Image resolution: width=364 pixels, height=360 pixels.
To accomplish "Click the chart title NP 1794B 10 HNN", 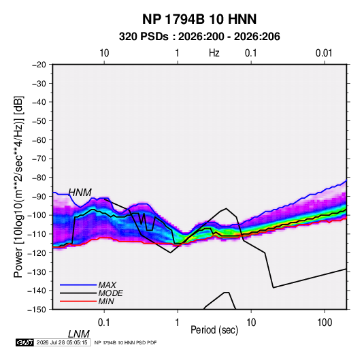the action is [x=199, y=19].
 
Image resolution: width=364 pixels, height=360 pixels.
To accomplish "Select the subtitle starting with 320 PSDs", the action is [x=199, y=37].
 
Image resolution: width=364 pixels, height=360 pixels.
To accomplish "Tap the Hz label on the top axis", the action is [x=214, y=53].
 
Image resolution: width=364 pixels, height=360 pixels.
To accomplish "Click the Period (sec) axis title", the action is [x=214, y=330].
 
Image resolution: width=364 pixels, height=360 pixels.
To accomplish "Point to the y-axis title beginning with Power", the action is [x=18, y=186].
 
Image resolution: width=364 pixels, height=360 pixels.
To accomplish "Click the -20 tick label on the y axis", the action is [x=39, y=65].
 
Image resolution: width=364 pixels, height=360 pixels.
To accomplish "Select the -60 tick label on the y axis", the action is [x=39, y=140].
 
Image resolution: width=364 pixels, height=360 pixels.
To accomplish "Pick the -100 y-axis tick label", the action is [x=37, y=215].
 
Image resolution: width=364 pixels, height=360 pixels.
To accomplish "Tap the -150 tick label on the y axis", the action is [x=37, y=310].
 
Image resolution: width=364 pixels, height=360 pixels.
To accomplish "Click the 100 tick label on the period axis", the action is [x=325, y=323].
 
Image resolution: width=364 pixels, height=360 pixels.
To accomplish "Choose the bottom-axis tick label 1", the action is [x=178, y=323].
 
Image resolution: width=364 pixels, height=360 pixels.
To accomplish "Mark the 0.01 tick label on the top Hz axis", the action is [x=324, y=53].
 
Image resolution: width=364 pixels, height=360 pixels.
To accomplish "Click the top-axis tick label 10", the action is [x=104, y=53].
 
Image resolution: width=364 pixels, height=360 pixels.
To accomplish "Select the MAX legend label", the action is [x=107, y=284].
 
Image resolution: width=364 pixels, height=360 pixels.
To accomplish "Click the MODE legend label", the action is [x=110, y=293].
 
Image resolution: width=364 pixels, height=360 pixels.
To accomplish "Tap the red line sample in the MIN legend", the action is [x=78, y=301].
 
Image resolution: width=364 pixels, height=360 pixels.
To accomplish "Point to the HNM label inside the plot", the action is [x=80, y=193].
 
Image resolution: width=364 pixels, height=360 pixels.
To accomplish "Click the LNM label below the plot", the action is [x=78, y=334].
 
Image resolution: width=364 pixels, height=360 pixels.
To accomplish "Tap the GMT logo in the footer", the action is [x=25, y=342].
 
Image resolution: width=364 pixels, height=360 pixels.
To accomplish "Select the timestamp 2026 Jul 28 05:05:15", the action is [x=62, y=342].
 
